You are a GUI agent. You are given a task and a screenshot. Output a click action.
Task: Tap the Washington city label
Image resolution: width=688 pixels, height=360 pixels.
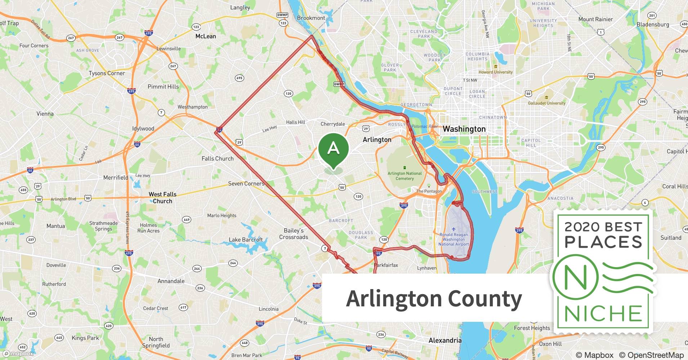click(464, 129)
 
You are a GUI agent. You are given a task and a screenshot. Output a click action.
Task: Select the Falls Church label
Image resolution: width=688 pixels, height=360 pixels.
click(218, 158)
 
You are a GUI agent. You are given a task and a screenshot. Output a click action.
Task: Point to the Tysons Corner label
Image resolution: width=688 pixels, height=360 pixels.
click(107, 73)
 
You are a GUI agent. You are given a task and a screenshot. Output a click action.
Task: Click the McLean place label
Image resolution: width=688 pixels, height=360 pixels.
click(206, 36)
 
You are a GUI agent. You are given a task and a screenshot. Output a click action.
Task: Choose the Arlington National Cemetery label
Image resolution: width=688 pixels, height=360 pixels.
click(405, 176)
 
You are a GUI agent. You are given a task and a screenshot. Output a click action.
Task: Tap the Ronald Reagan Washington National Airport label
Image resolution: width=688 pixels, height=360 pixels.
click(454, 239)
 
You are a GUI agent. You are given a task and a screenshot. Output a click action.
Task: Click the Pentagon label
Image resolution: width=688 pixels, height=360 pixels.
click(429, 191)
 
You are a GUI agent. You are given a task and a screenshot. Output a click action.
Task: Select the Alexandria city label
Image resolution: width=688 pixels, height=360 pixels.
click(445, 340)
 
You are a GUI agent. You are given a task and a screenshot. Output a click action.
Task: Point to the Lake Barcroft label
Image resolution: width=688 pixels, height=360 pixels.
click(246, 239)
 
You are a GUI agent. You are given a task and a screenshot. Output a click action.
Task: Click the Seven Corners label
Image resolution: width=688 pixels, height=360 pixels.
click(246, 184)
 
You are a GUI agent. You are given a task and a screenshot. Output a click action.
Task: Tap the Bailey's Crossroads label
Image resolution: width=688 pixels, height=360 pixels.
click(294, 234)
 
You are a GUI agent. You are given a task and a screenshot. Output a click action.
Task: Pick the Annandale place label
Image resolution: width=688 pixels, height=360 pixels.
click(171, 281)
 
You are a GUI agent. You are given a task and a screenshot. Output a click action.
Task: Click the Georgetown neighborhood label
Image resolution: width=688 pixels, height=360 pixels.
click(416, 105)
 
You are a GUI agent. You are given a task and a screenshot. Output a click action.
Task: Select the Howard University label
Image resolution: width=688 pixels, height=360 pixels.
click(495, 72)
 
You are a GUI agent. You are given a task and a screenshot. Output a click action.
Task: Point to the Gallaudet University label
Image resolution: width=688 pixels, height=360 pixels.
click(546, 103)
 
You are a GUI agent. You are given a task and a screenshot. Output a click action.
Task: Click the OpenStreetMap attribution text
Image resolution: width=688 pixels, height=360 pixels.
click(651, 355)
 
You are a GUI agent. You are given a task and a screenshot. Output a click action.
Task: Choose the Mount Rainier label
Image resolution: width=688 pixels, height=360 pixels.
click(595, 19)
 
